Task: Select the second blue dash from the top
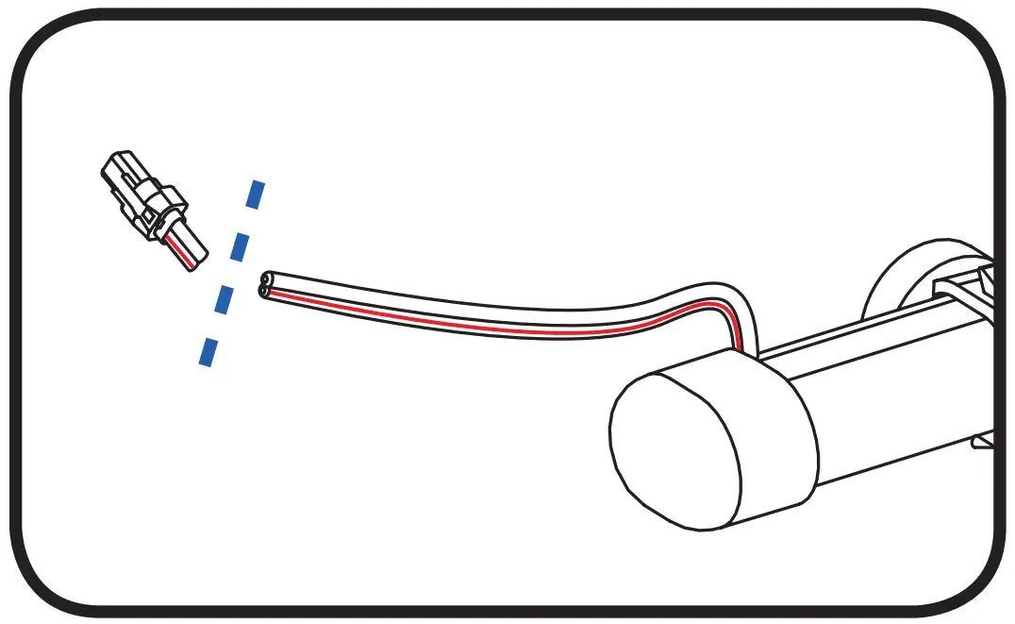tap(241, 246)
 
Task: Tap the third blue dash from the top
tap(225, 299)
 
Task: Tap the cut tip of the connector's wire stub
tap(199, 261)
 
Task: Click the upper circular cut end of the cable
tap(267, 279)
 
